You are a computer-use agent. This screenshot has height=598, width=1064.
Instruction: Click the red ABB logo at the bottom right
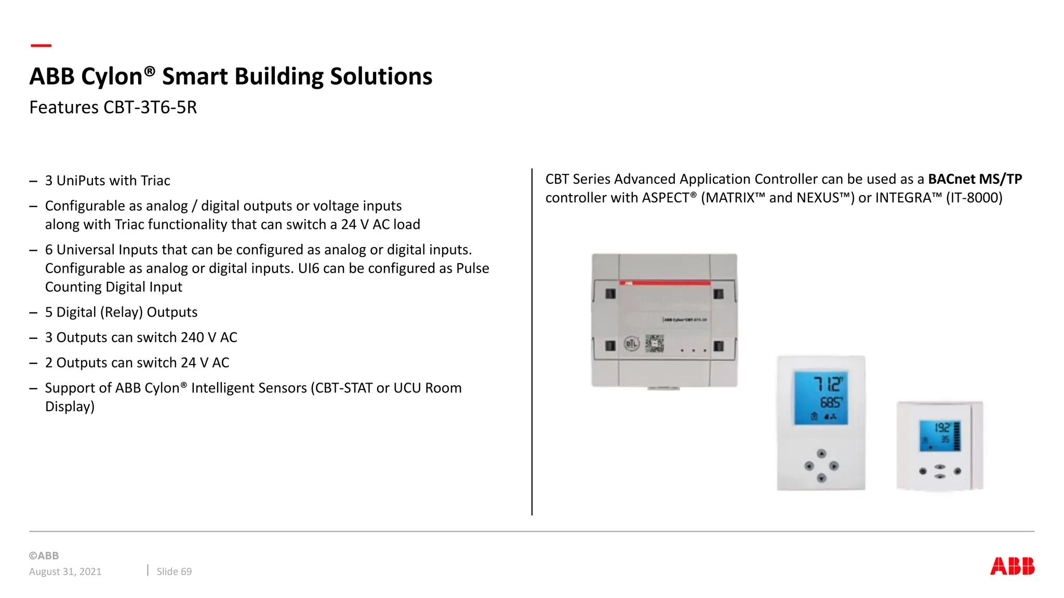(x=1012, y=566)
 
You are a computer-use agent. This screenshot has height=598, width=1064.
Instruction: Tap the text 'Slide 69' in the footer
(x=174, y=572)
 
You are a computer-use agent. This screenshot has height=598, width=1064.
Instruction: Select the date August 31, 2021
(x=65, y=572)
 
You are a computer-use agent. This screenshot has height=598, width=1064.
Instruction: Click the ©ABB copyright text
(x=44, y=555)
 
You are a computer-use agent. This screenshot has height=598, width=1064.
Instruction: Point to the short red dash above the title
(x=41, y=46)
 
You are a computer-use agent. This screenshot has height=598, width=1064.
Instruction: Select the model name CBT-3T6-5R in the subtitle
(x=150, y=107)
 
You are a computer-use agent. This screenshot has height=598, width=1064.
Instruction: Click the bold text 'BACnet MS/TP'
(x=975, y=179)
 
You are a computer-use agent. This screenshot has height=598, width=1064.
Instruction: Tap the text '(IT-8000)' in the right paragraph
(x=974, y=198)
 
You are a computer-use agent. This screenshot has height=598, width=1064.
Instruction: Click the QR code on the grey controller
(x=655, y=344)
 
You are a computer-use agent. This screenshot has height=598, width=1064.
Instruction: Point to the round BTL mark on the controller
(x=631, y=344)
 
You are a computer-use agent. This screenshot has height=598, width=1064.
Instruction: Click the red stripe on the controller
(x=665, y=283)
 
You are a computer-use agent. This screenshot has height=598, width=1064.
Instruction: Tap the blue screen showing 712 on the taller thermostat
(x=821, y=398)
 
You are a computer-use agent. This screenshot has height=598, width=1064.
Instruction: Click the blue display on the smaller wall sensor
(x=939, y=436)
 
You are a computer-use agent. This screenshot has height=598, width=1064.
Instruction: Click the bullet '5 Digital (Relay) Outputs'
(x=122, y=312)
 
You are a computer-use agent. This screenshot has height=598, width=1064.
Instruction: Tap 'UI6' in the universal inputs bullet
(x=309, y=268)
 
